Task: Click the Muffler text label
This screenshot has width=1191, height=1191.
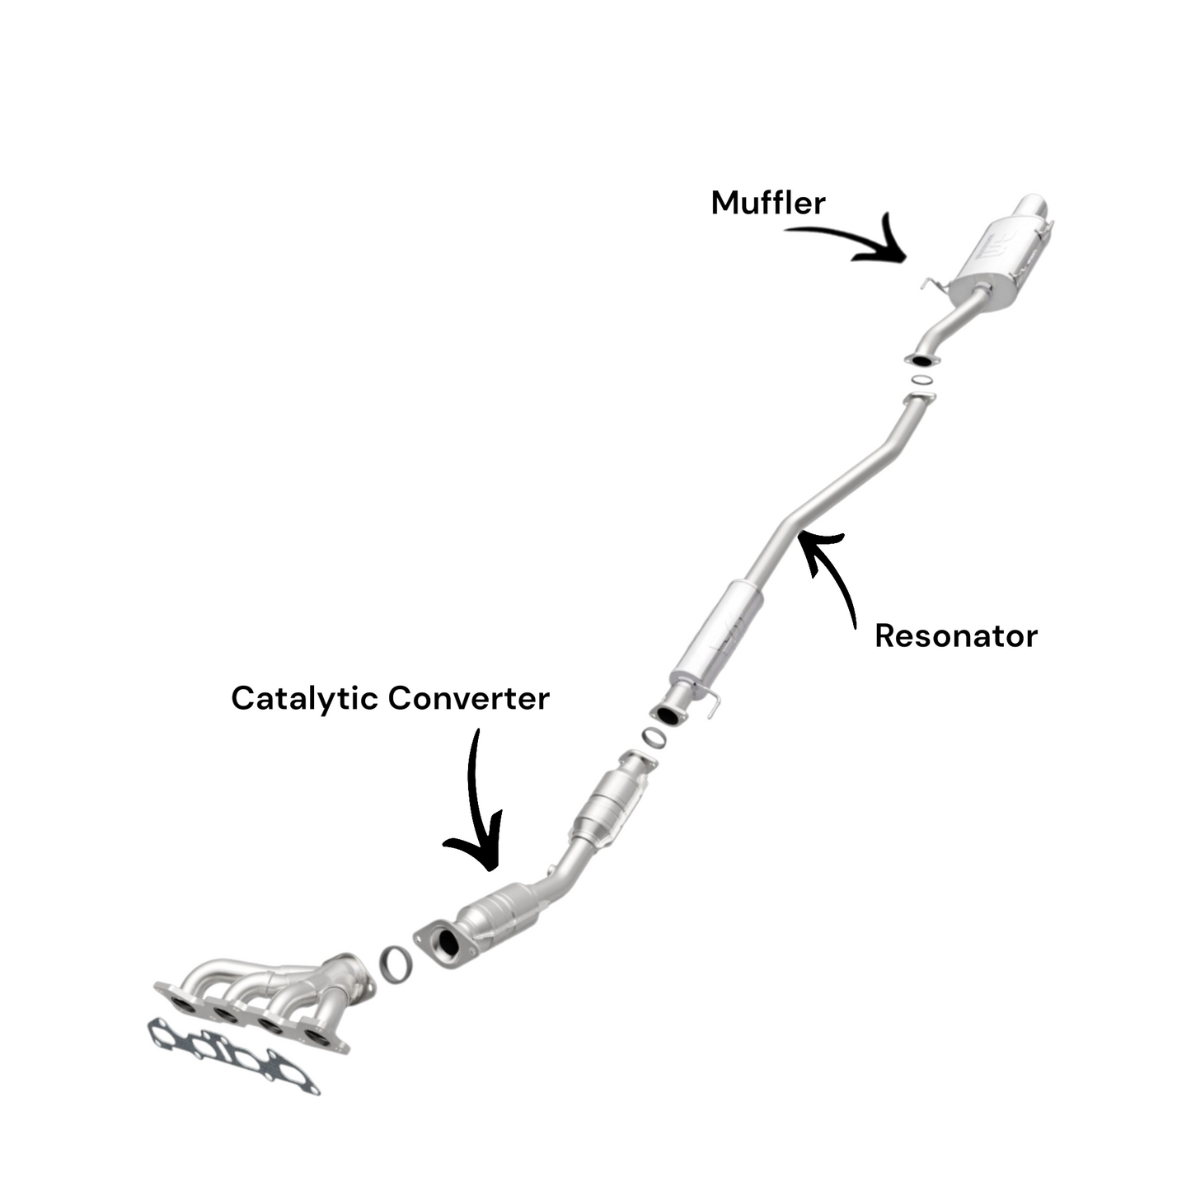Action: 768,203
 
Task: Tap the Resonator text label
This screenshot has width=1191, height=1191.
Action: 956,636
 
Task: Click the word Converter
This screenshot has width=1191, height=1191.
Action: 469,699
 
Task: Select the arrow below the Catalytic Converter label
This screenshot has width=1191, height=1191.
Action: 476,804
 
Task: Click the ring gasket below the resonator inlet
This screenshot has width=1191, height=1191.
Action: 653,736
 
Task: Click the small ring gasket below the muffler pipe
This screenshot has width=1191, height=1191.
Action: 922,379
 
